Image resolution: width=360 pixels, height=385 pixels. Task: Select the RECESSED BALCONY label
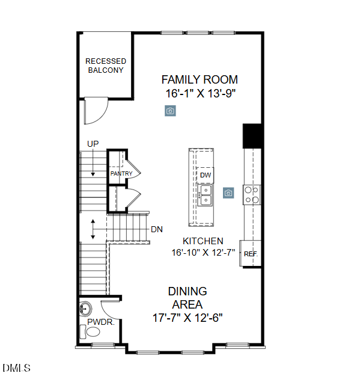coord(106,66)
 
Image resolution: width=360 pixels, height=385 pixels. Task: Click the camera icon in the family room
coord(171,111)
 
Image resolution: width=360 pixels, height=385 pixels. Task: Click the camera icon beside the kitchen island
coord(228,192)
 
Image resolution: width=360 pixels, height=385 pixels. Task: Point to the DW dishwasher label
coord(205,175)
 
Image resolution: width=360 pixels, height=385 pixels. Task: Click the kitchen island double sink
coord(206,195)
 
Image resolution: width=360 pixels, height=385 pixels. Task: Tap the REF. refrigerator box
coord(251,254)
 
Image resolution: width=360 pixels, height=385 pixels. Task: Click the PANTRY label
coord(121,174)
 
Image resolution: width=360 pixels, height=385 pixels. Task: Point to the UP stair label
coord(93,144)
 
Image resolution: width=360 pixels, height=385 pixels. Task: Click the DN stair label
coord(156,229)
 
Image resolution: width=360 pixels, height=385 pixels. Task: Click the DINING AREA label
coord(188,298)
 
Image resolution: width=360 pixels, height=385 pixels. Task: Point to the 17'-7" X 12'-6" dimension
coord(187,318)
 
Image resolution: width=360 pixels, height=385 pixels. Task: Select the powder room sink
coord(85,309)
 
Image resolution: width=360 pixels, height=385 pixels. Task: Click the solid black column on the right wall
coord(251,136)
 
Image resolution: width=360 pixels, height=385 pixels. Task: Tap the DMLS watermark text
coord(16,368)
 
